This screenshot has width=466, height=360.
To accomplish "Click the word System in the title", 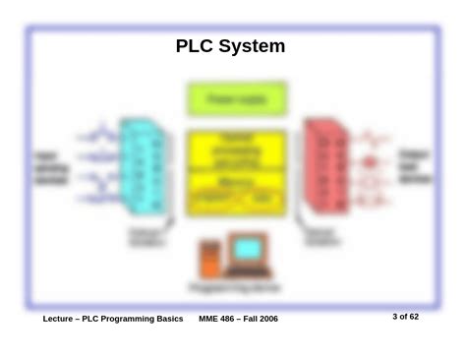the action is click(x=252, y=45).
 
